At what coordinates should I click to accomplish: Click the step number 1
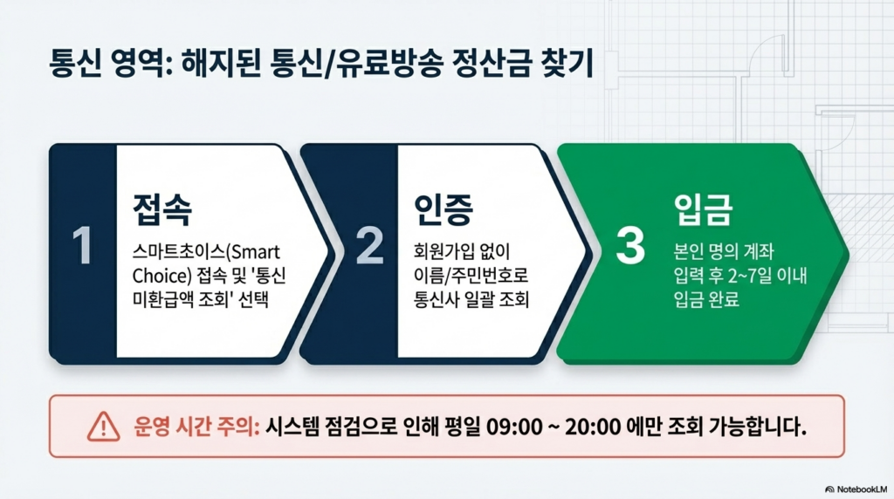tap(83, 245)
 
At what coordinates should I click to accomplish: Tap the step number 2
tap(369, 245)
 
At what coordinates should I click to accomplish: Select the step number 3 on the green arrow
tap(630, 245)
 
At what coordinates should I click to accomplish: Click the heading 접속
tap(162, 209)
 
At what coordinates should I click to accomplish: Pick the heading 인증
tap(444, 209)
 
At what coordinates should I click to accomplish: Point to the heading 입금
tap(703, 209)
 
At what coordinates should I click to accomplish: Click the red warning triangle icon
tap(103, 427)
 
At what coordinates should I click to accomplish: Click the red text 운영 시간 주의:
tap(196, 426)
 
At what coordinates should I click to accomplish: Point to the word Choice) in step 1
tap(162, 277)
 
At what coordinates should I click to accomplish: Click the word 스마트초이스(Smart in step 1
tap(206, 252)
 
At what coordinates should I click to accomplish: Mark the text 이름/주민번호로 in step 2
tap(471, 276)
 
